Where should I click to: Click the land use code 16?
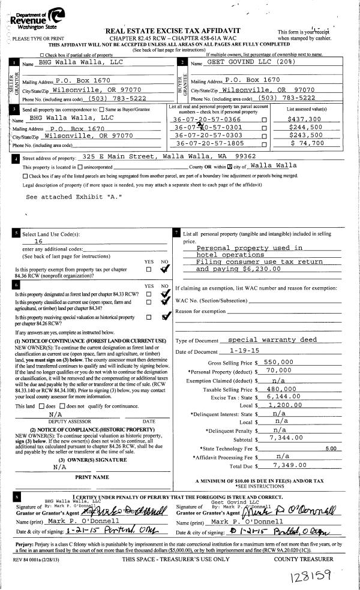[x=38, y=240]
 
